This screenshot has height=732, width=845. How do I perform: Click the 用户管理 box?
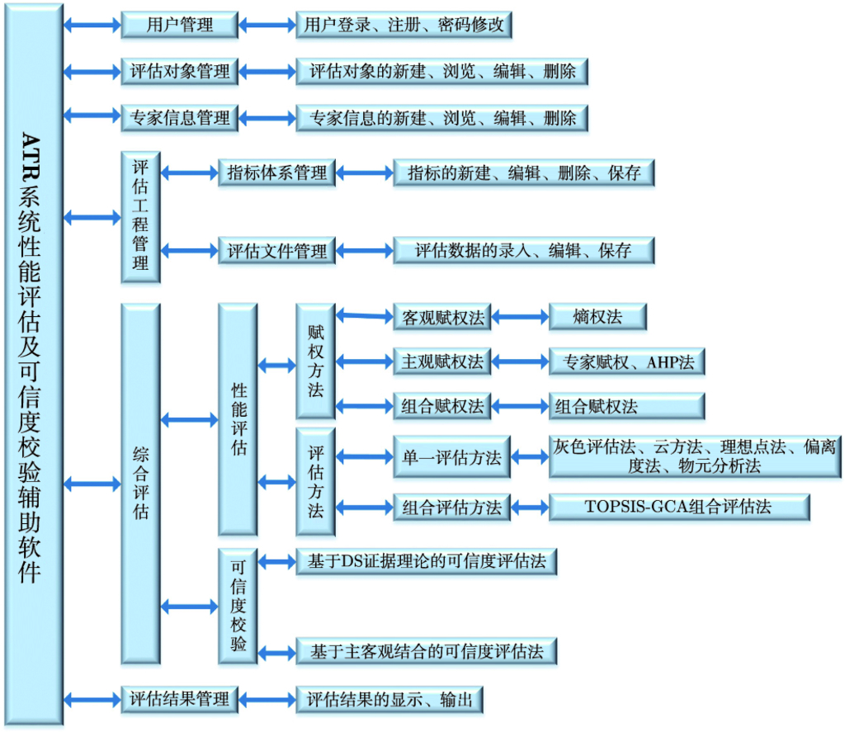(x=180, y=25)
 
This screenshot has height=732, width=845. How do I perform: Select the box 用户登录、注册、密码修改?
(x=404, y=25)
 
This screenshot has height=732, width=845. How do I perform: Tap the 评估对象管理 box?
(x=180, y=71)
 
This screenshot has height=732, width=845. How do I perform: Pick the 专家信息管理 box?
(x=180, y=118)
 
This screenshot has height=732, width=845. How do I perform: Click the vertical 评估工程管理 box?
(x=140, y=216)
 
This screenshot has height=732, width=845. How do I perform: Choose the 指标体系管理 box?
(x=277, y=172)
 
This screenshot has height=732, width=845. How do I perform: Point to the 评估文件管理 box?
(x=277, y=251)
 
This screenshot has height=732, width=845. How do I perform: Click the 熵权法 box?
(x=597, y=316)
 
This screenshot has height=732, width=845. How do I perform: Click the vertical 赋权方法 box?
(x=315, y=361)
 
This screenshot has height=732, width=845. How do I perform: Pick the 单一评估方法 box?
(x=451, y=458)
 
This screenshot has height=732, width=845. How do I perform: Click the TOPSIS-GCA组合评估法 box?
(x=678, y=507)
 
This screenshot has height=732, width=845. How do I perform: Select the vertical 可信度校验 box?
(x=238, y=606)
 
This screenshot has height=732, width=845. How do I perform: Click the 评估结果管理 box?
(x=180, y=699)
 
